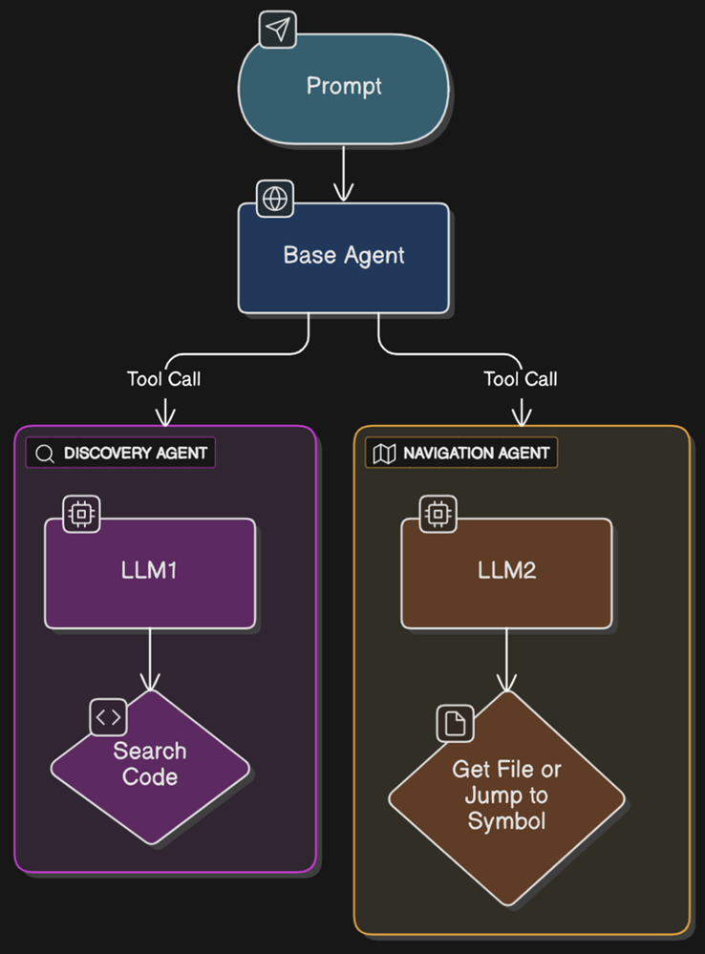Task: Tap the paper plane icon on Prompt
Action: click(277, 31)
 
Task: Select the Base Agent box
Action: click(344, 256)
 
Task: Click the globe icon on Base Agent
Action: click(276, 199)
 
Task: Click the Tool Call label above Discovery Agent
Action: click(164, 379)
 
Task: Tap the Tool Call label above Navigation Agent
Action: click(521, 379)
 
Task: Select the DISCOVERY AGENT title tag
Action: click(120, 453)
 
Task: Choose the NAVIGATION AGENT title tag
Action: click(461, 453)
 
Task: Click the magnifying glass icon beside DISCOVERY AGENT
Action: click(44, 454)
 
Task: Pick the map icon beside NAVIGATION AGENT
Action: click(384, 454)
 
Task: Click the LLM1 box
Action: click(151, 572)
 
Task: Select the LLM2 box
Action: click(506, 572)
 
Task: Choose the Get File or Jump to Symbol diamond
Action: click(506, 796)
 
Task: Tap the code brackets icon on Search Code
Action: click(108, 717)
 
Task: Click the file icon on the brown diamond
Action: click(456, 723)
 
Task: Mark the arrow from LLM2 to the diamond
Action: click(506, 659)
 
